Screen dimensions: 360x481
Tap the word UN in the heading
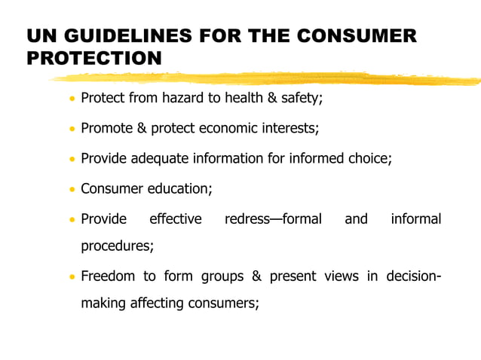tap(41, 36)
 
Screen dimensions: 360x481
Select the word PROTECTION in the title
tap(94, 58)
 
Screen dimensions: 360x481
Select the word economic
tap(229, 128)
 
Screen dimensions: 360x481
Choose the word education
tap(181, 188)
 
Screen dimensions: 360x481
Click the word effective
tap(175, 219)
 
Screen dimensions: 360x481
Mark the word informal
tap(415, 219)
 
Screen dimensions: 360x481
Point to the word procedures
tap(117, 246)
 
